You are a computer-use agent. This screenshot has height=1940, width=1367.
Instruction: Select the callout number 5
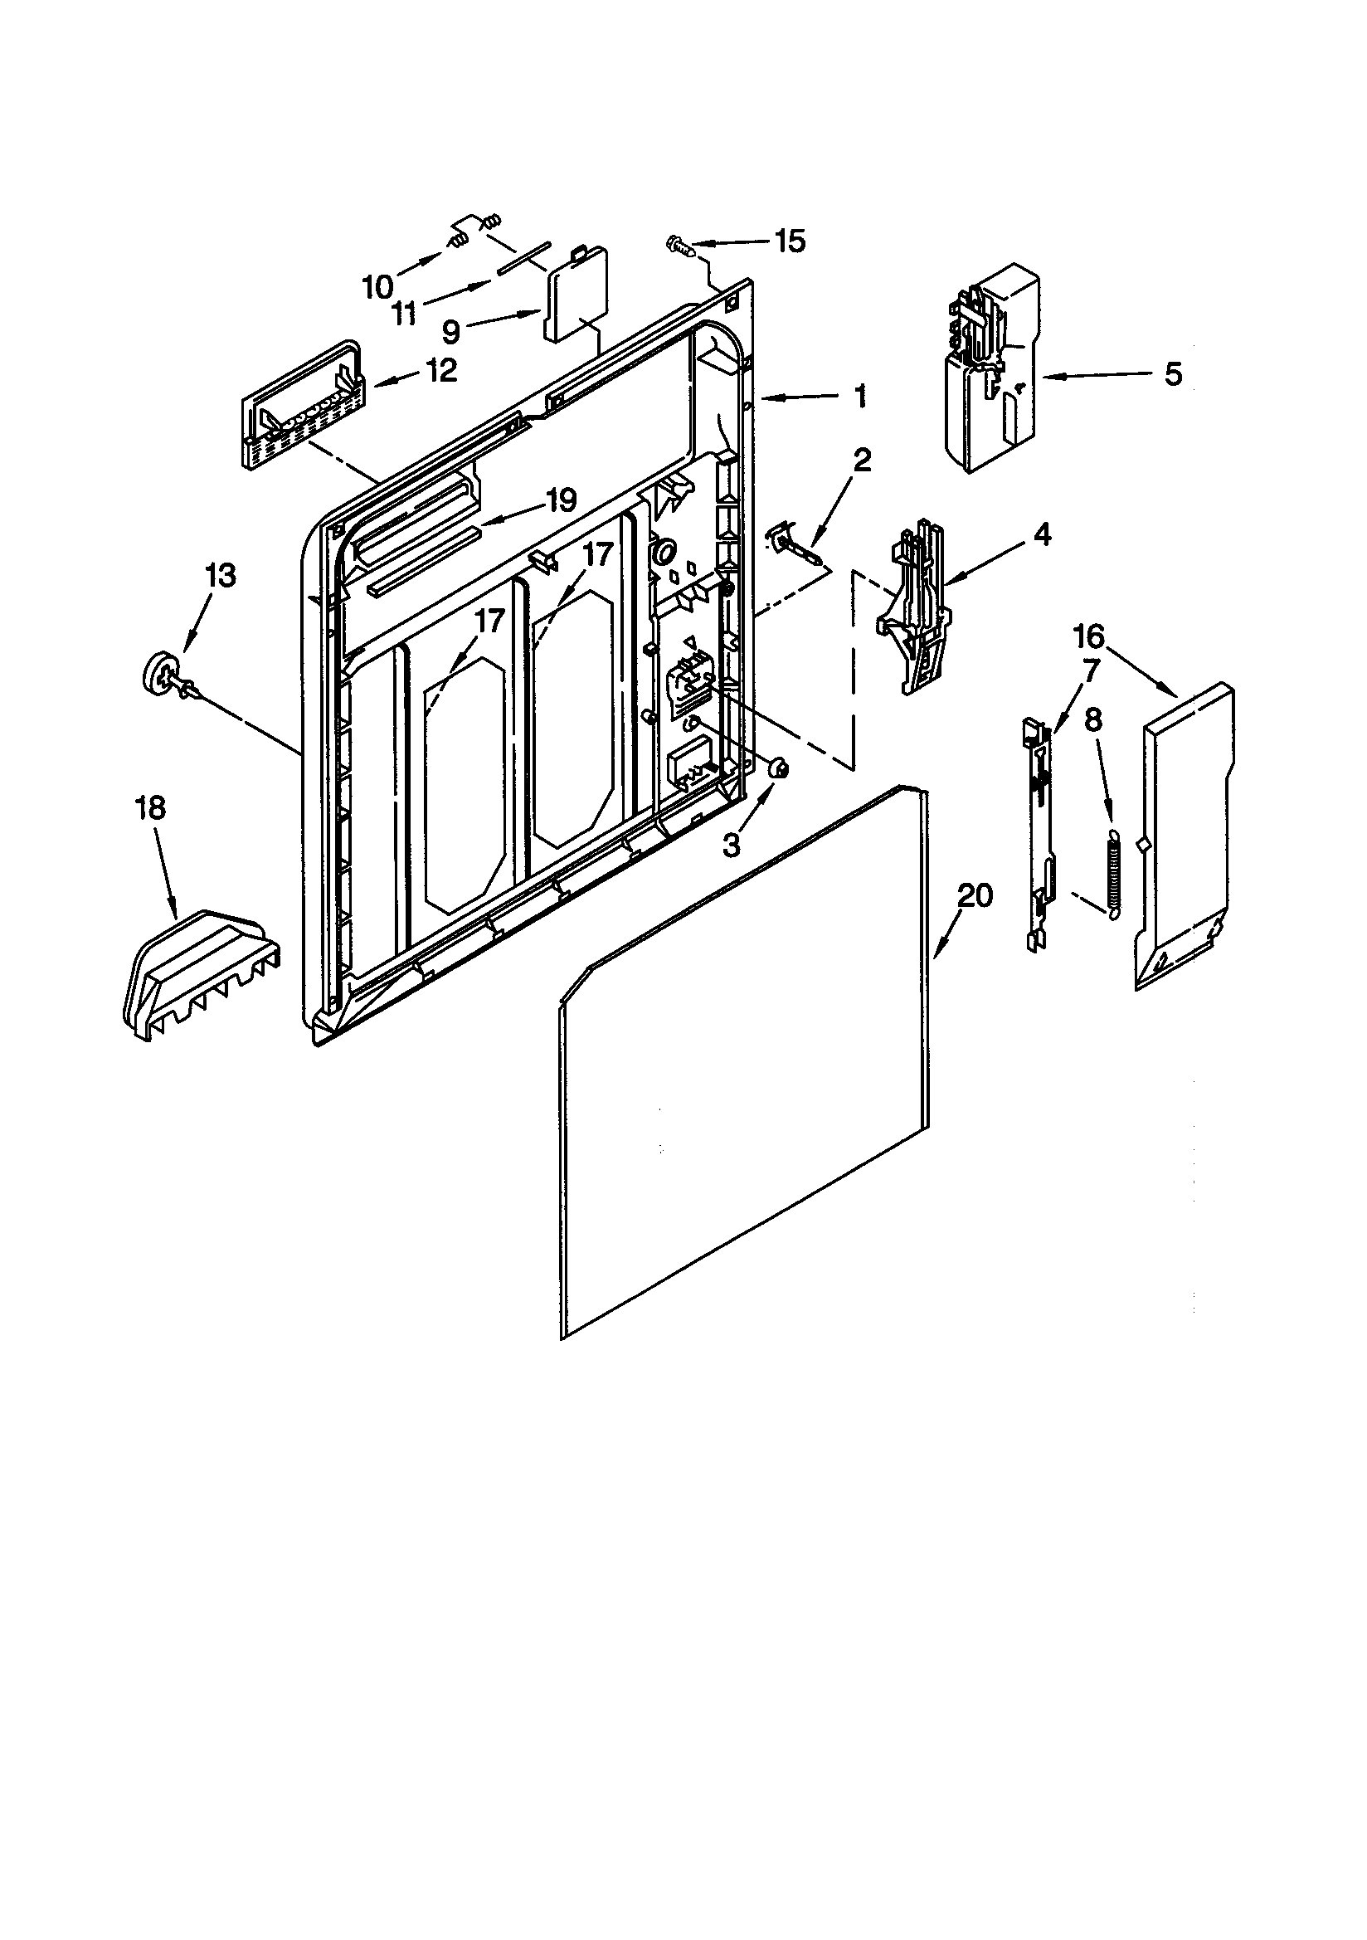[1174, 373]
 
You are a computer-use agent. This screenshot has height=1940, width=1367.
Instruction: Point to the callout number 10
[377, 286]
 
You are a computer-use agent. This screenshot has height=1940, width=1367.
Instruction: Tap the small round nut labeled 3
[777, 768]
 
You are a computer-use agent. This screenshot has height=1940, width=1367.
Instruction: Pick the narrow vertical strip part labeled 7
[1039, 832]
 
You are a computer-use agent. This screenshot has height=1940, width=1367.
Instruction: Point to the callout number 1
[860, 396]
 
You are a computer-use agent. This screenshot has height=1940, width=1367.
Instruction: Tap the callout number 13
[220, 576]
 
